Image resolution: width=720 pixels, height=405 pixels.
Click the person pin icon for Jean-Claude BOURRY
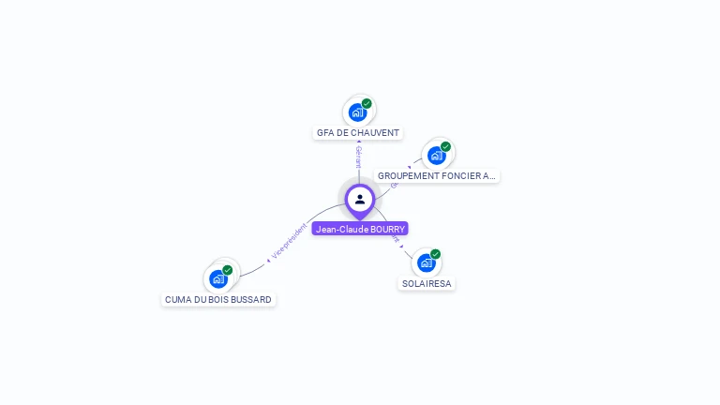[x=360, y=199]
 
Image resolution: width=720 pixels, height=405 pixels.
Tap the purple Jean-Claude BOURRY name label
[x=360, y=229]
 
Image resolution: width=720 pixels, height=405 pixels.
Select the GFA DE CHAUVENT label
[x=358, y=133]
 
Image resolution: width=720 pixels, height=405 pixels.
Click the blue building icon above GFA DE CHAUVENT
[x=357, y=112]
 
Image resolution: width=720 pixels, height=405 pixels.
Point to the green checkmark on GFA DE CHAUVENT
[x=367, y=103]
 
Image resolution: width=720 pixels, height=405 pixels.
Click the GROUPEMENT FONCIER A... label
[x=436, y=175]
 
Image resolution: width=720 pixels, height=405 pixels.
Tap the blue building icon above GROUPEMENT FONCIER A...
[x=436, y=156]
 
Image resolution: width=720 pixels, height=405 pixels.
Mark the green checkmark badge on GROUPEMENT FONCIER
[x=445, y=146]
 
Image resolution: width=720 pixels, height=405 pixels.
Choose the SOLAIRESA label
[x=427, y=283]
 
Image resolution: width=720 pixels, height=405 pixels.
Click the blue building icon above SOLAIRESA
[x=427, y=262]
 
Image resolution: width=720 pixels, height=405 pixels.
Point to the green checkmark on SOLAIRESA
[x=436, y=254]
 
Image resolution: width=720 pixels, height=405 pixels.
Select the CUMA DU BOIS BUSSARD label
[x=218, y=300]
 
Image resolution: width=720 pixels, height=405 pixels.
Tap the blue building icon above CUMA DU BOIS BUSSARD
[x=218, y=278]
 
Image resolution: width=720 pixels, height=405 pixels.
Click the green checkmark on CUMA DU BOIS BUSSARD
[x=228, y=270]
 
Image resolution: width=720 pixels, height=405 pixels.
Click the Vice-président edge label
[x=289, y=240]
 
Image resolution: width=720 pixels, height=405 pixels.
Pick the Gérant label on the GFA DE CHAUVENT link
[x=358, y=157]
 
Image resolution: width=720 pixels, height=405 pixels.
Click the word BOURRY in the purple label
[x=386, y=229]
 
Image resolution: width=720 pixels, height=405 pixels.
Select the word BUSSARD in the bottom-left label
[x=252, y=300]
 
